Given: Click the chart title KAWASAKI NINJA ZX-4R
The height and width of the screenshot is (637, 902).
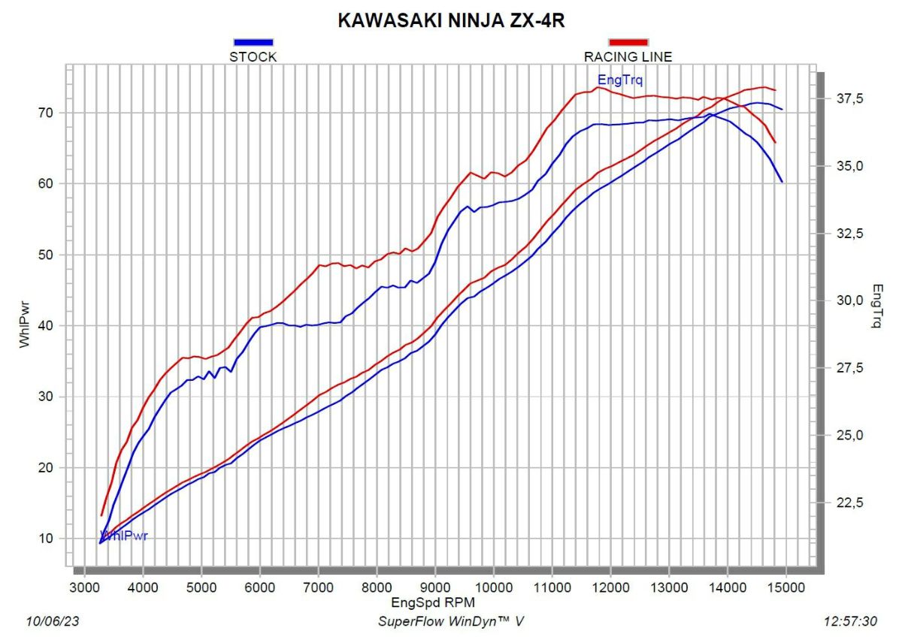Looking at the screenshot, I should click(451, 20).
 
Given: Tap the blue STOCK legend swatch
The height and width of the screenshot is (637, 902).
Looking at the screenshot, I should click(253, 43).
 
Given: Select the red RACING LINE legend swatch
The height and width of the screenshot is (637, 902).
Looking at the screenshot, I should click(628, 43).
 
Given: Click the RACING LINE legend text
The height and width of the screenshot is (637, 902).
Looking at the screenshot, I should click(628, 56).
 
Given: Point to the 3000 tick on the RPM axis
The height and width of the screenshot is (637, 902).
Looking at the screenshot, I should click(84, 586).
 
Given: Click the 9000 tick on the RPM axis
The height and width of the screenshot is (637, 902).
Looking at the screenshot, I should click(435, 586).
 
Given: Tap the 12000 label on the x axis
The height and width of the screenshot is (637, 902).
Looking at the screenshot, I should click(610, 586).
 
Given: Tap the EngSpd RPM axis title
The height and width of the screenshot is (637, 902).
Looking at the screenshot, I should click(433, 602).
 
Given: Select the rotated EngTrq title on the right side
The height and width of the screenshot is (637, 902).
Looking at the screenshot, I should click(877, 306).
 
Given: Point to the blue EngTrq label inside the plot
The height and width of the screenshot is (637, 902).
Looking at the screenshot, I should click(620, 80).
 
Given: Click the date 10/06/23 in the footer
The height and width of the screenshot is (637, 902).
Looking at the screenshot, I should click(53, 621).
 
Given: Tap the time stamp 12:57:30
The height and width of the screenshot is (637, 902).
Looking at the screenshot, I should click(850, 621).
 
